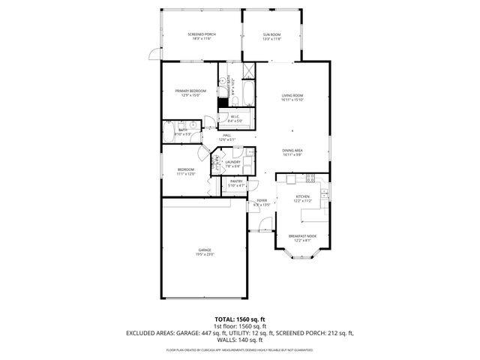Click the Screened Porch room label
pyautogui.click(x=200, y=34)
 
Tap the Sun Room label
pyautogui.click(x=271, y=34)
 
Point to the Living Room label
pyautogui.click(x=292, y=95)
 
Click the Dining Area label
pyautogui.click(x=292, y=150)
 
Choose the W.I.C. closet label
pyautogui.click(x=235, y=116)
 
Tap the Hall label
pyautogui.click(x=226, y=135)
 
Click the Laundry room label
pyautogui.click(x=232, y=162)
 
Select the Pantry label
pyautogui.click(x=236, y=181)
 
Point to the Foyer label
pyautogui.click(x=262, y=201)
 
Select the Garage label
pyautogui.click(x=205, y=250)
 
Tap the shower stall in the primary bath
pyautogui.click(x=250, y=73)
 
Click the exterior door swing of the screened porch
pyautogui.click(x=154, y=55)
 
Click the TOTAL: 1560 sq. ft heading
pyautogui.click(x=240, y=319)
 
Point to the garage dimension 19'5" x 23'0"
pyautogui.click(x=205, y=255)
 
